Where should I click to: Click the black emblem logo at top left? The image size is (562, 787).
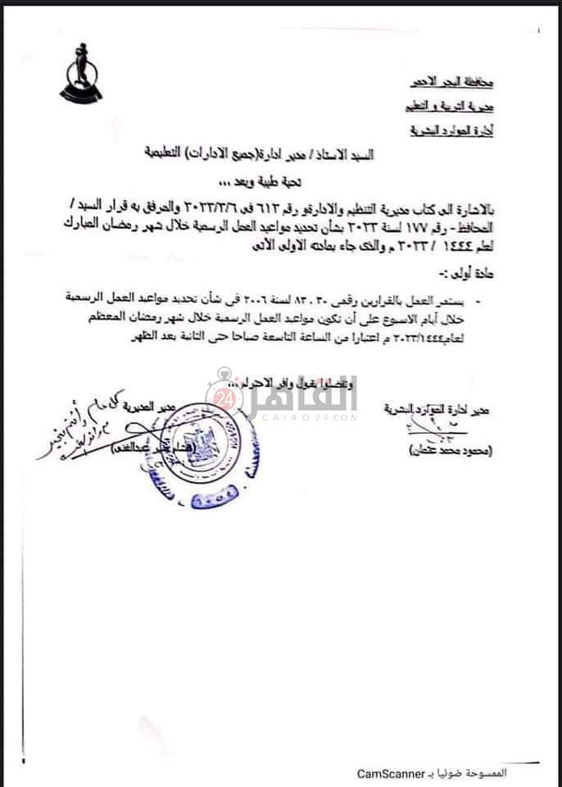[x=80, y=74]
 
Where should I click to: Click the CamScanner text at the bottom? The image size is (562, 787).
[x=391, y=772]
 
